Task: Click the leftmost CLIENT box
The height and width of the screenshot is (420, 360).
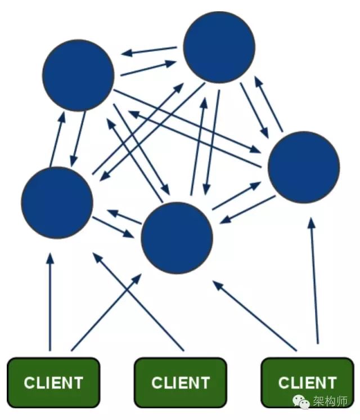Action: (53, 382)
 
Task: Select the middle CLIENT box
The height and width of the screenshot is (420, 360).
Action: (181, 382)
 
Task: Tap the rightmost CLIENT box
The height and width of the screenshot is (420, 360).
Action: (307, 382)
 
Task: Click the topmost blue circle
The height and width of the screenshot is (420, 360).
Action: (219, 47)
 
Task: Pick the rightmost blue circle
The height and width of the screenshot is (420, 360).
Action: (304, 167)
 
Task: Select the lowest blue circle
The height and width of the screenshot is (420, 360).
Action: (177, 238)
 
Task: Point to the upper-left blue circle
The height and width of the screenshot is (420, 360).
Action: (78, 75)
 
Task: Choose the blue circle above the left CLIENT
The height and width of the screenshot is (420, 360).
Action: (57, 203)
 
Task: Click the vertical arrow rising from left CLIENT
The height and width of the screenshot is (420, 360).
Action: (50, 302)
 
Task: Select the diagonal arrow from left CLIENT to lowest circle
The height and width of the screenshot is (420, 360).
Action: (106, 312)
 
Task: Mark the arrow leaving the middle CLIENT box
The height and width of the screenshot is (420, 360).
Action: (138, 301)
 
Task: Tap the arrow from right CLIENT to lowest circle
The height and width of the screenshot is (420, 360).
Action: (255, 315)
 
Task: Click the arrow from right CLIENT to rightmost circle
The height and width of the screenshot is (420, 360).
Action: (314, 281)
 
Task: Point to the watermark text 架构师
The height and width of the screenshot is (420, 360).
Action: (330, 401)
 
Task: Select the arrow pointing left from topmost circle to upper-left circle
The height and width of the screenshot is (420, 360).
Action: (149, 51)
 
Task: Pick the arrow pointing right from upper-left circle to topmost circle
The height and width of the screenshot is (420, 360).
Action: (148, 68)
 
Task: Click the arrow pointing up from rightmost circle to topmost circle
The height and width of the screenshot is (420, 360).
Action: (268, 104)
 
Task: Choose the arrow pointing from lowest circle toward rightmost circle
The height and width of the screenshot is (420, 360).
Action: (237, 195)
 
